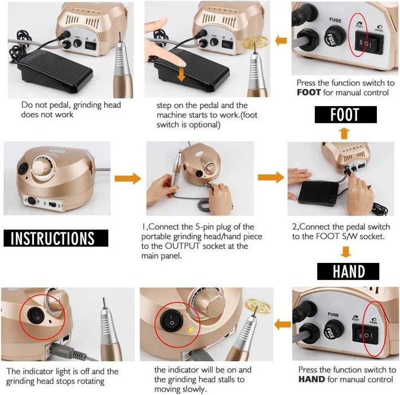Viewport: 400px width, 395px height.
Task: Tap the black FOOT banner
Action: coord(344,115)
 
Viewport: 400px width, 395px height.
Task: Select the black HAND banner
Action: coord(348,271)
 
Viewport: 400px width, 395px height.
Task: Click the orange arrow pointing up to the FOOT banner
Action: coord(344,134)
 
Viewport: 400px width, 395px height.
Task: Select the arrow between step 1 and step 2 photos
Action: coord(271,178)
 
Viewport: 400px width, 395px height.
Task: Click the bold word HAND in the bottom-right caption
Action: coord(312,379)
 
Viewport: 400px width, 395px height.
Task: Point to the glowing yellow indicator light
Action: coord(192,330)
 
